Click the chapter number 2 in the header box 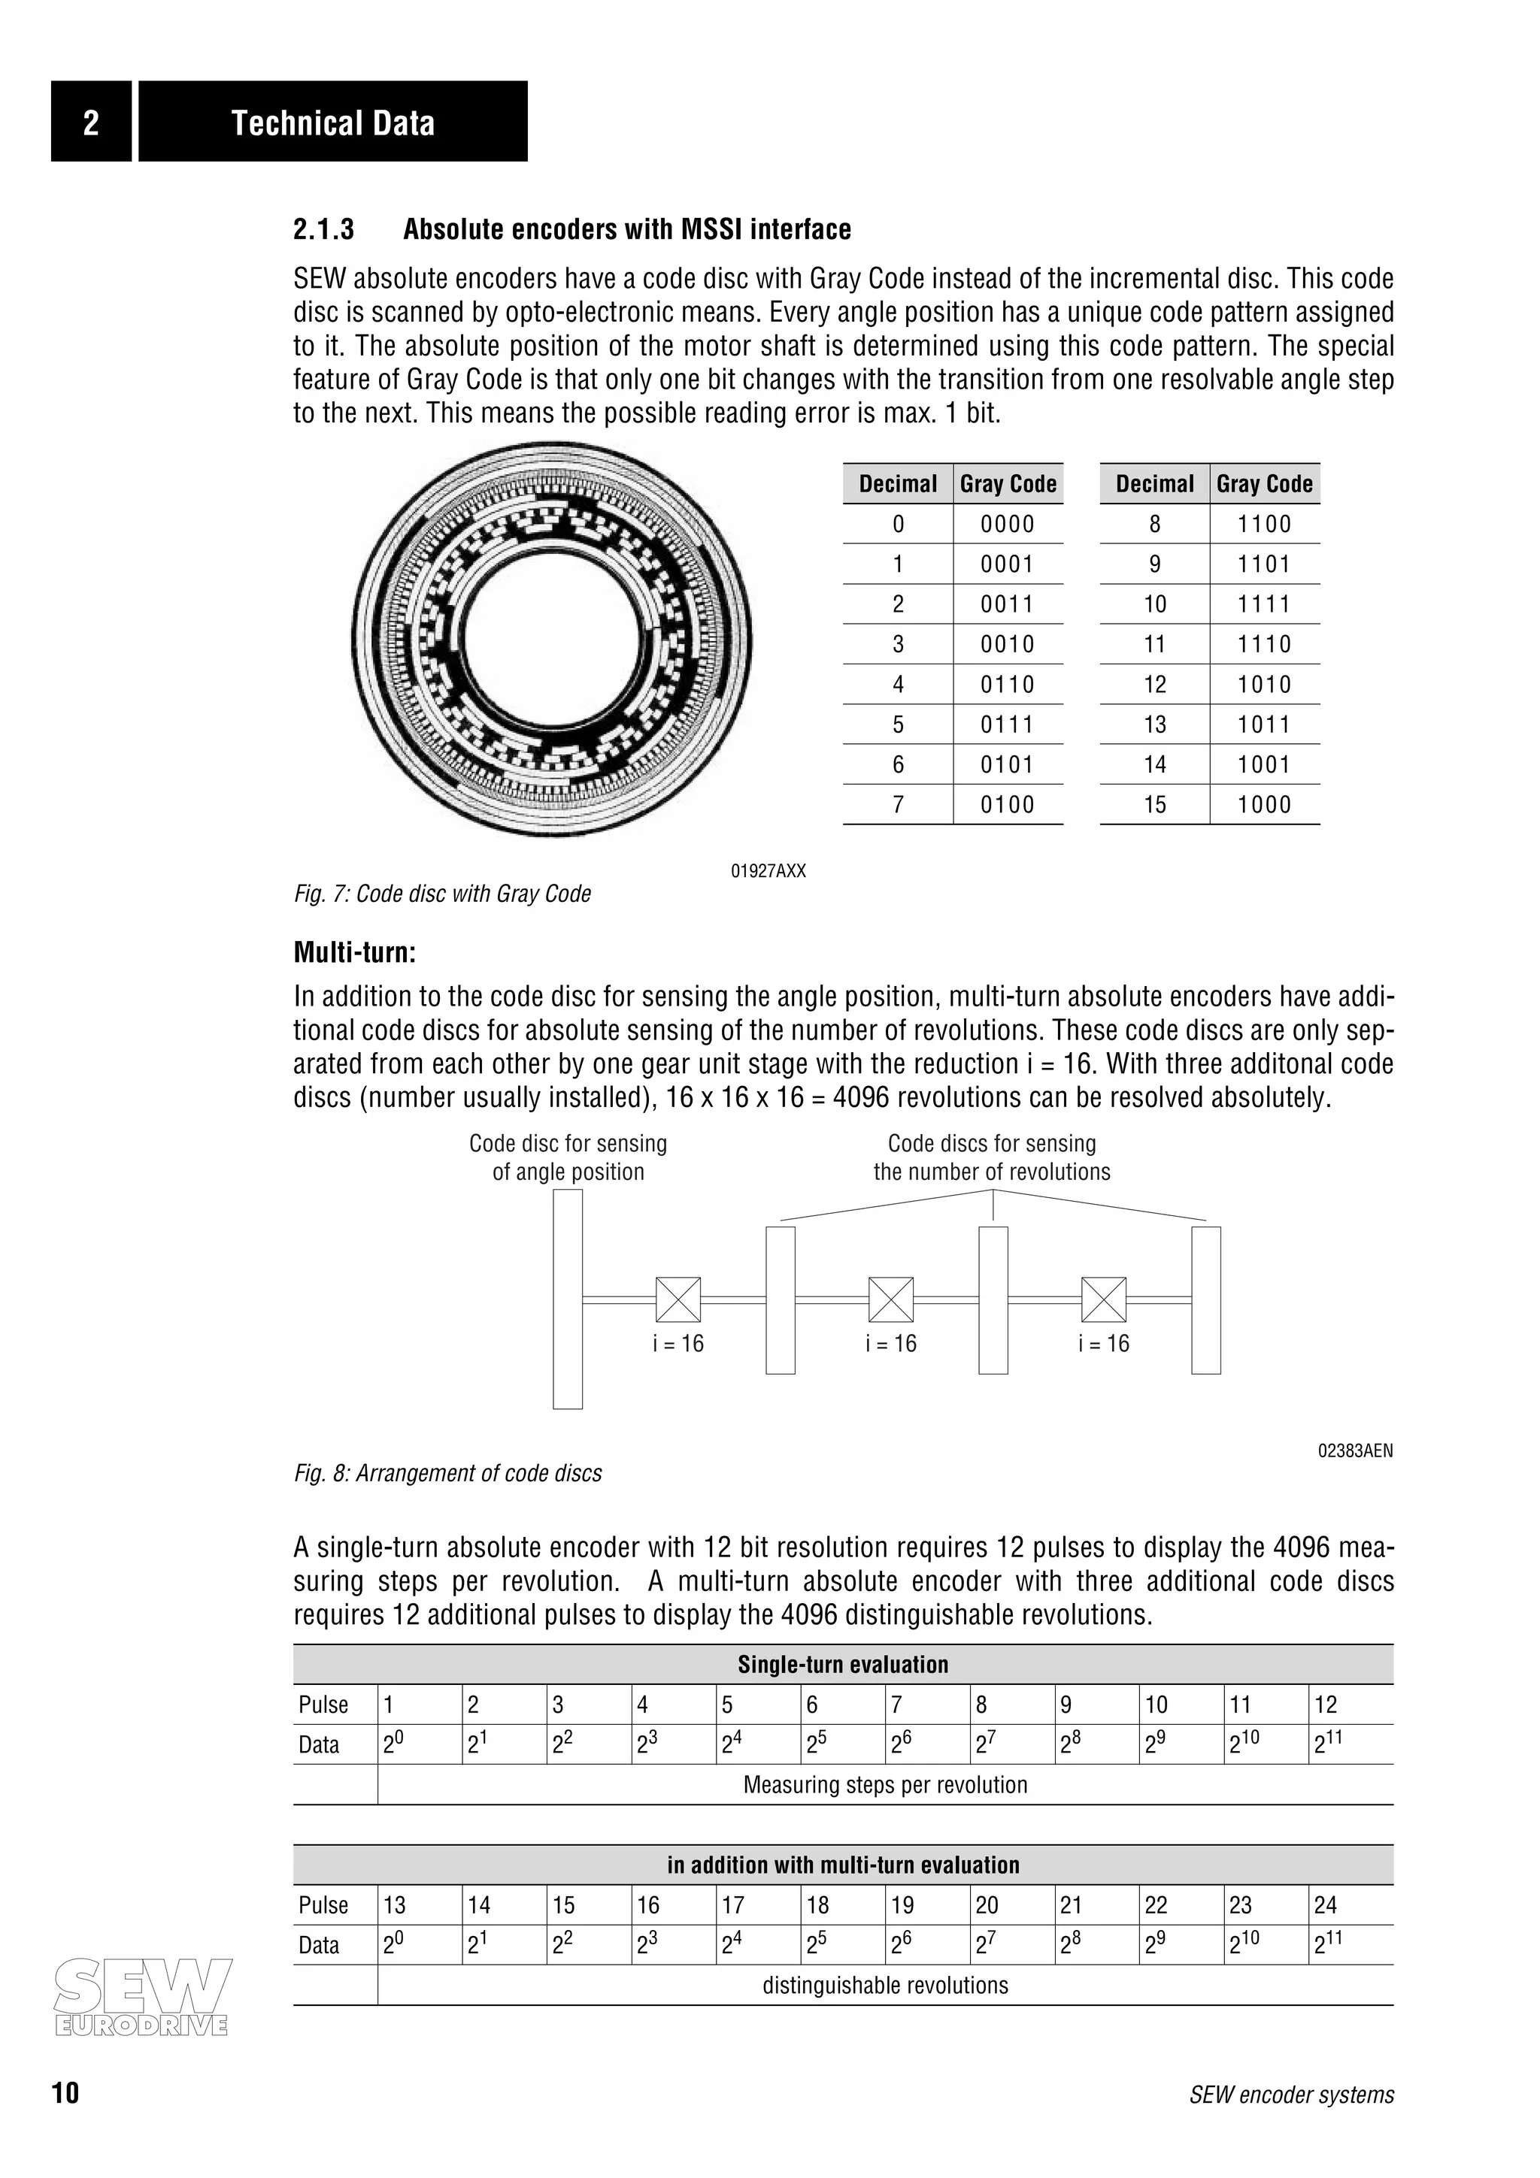91,123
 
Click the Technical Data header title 333,123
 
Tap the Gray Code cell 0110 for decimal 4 1007,684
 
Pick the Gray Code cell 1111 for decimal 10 1264,604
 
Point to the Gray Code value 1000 1264,804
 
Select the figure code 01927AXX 768,871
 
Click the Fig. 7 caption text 442,894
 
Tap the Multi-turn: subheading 355,951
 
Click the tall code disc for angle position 568,1299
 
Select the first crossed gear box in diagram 678,1299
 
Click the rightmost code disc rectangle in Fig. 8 1205,1299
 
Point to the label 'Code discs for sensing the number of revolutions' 992,1157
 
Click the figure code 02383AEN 1355,1450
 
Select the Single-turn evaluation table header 843,1664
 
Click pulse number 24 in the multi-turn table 1325,1904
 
